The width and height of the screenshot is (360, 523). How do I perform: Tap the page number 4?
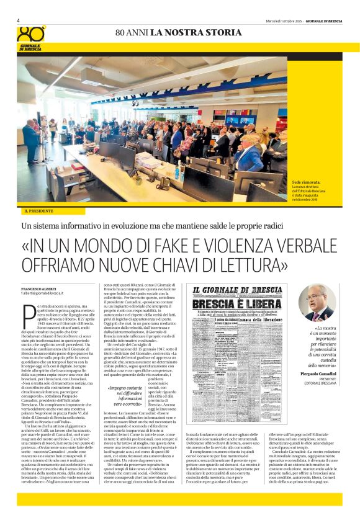point(18,20)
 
